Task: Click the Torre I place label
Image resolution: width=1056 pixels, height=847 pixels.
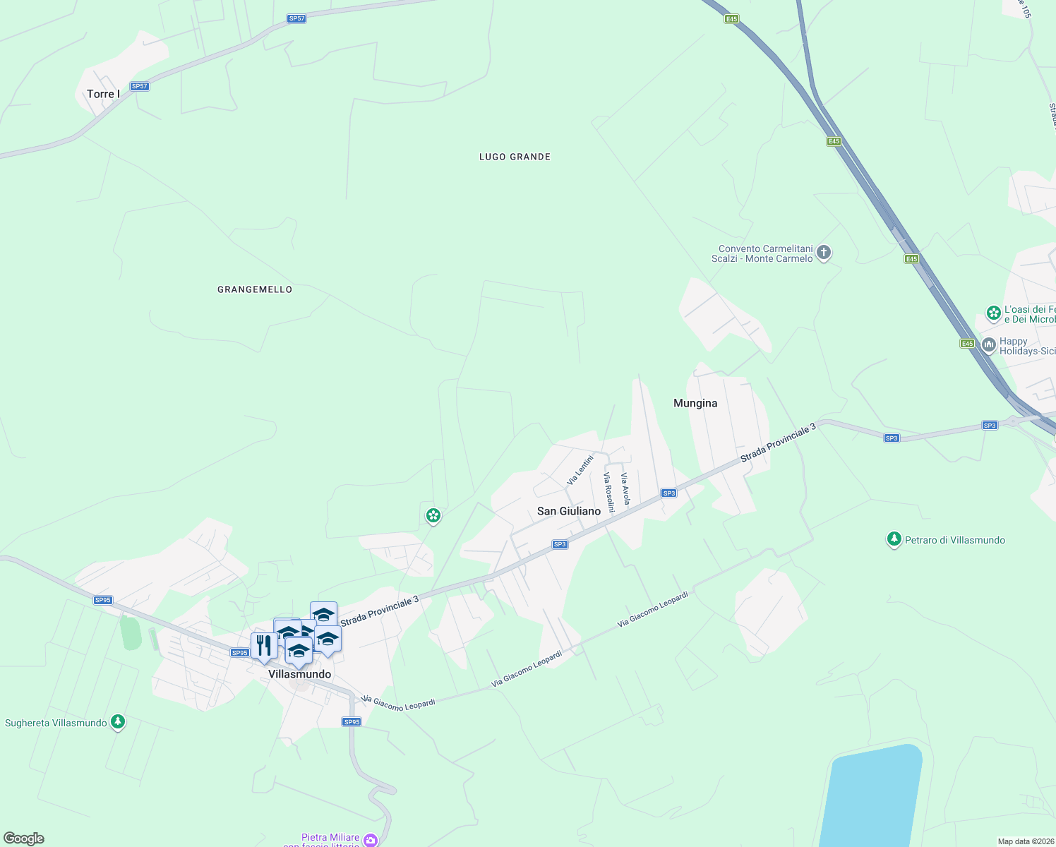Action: pyautogui.click(x=103, y=94)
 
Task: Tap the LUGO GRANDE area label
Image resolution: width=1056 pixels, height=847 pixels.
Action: pyautogui.click(x=515, y=157)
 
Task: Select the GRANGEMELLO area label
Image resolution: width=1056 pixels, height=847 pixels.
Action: pyautogui.click(x=255, y=289)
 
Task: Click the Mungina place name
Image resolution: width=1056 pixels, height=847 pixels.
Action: pyautogui.click(x=695, y=403)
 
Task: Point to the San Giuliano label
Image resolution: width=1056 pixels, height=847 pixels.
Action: pyautogui.click(x=569, y=511)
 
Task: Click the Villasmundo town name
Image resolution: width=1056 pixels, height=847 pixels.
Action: pyautogui.click(x=300, y=674)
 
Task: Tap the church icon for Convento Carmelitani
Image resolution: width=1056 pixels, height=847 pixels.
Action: pyautogui.click(x=823, y=253)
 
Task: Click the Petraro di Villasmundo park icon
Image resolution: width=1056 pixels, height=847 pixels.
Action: pyautogui.click(x=894, y=540)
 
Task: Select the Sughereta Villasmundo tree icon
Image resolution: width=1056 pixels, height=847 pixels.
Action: pyautogui.click(x=118, y=722)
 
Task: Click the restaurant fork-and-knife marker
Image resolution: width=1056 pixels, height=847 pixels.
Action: pyautogui.click(x=263, y=645)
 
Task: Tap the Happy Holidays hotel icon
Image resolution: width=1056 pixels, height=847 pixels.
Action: pyautogui.click(x=988, y=345)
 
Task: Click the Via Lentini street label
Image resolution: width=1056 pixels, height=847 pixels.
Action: pyautogui.click(x=580, y=470)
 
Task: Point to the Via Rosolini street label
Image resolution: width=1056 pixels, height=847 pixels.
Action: pyautogui.click(x=608, y=492)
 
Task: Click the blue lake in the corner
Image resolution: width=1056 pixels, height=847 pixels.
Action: pyautogui.click(x=872, y=798)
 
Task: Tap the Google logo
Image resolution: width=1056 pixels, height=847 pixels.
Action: pyautogui.click(x=24, y=839)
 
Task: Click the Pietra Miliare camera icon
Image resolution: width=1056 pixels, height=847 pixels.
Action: pyautogui.click(x=371, y=840)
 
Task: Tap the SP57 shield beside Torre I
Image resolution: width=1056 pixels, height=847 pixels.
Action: pyautogui.click(x=140, y=86)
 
